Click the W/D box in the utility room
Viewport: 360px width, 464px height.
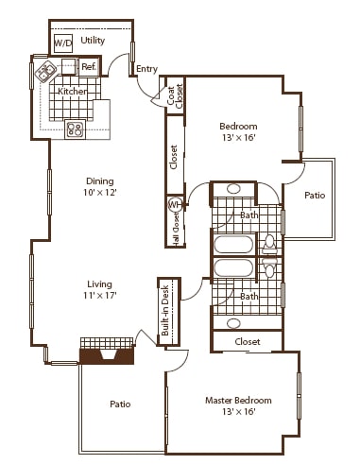62,43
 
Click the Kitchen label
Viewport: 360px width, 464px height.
73,91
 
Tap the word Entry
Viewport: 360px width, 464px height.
146,69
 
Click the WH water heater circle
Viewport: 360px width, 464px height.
174,204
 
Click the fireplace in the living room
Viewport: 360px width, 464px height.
107,353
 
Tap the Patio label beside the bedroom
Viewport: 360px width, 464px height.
315,197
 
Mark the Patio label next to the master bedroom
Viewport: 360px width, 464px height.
120,404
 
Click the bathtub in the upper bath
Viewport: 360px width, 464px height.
232,247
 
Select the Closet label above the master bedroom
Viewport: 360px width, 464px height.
248,341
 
